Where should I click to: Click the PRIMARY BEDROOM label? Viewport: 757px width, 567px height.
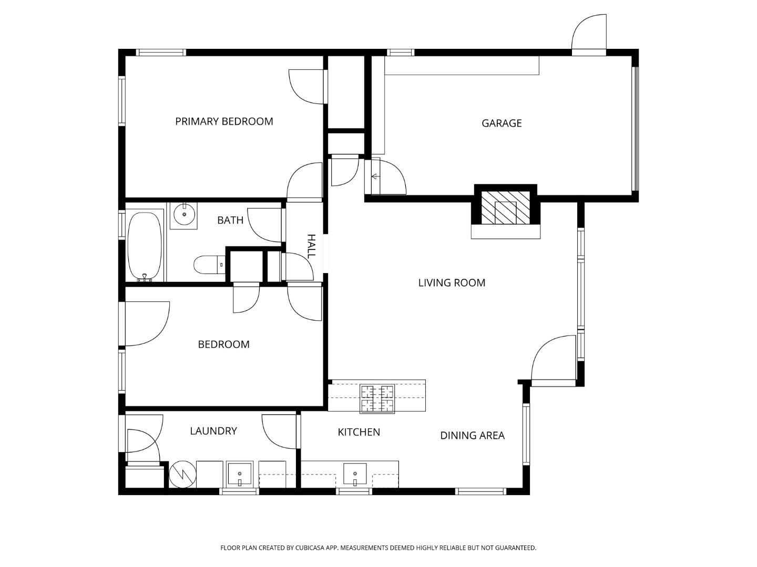224,121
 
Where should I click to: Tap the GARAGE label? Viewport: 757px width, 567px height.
502,123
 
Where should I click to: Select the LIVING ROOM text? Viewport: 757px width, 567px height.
452,283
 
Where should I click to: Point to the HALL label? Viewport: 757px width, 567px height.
311,246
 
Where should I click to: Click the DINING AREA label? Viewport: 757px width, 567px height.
472,436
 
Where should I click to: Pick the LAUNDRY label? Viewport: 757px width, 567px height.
213,431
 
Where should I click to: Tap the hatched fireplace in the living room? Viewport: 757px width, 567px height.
505,207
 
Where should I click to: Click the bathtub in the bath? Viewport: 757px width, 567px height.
145,246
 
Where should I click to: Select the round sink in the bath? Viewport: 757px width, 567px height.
184,214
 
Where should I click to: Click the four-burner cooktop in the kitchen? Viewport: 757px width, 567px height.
377,398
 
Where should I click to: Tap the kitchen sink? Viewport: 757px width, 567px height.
355,475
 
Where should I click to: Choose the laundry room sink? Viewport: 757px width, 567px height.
239,475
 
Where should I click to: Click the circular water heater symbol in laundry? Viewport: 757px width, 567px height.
182,474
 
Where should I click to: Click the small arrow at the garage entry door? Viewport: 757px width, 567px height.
375,177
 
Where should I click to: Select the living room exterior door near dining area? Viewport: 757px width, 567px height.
554,360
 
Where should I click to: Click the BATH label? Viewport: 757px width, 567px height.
230,220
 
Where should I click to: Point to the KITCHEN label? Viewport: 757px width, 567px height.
359,432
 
